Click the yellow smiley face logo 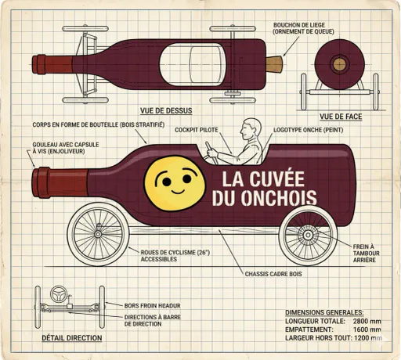coord(175,183)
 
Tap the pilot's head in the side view coord(251,129)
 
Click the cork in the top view coord(274,64)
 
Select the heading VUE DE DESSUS coord(166,110)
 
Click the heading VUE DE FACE coord(341,117)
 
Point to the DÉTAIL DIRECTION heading coord(72,338)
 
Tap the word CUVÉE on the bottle coord(277,178)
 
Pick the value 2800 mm coord(367,321)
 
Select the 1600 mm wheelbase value coord(367,329)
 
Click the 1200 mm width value coord(368,338)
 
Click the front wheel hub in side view coord(98,234)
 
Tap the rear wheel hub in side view coord(308,236)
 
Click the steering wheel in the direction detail coord(59,294)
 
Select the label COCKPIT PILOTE coord(197,130)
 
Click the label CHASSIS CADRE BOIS coord(273,274)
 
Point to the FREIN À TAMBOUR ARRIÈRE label coord(367,253)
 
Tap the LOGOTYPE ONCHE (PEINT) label coord(309,130)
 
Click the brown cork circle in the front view coord(339,64)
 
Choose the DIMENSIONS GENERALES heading coord(324,312)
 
